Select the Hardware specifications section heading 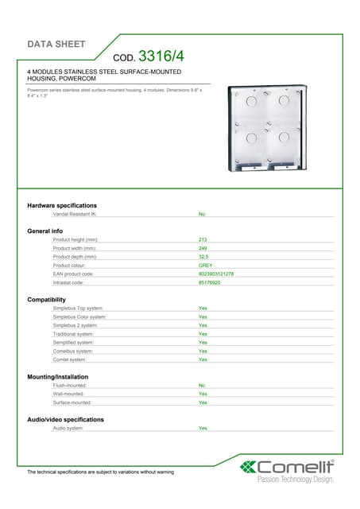click(x=62, y=206)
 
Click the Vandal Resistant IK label click(x=75, y=215)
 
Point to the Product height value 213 click(x=203, y=239)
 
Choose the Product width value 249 click(x=203, y=248)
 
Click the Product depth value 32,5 click(x=203, y=257)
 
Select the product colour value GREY click(x=205, y=265)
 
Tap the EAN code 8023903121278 click(x=215, y=274)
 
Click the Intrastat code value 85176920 click(x=209, y=282)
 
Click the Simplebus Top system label click(x=78, y=308)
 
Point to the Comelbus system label click(x=73, y=351)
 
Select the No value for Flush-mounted click(x=202, y=385)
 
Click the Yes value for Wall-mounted click(x=203, y=394)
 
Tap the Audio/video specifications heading click(x=65, y=419)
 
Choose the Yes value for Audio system click(x=203, y=428)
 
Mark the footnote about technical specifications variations click(x=100, y=472)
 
